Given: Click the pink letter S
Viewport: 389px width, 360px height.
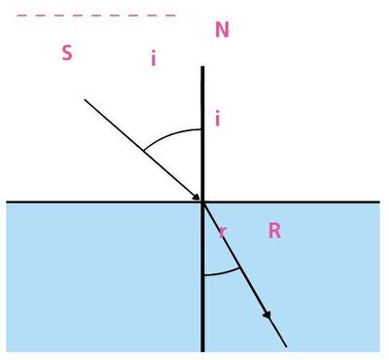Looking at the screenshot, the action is (x=66, y=53).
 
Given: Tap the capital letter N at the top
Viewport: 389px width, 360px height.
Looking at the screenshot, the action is (x=222, y=30).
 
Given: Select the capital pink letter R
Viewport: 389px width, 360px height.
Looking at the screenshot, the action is (x=274, y=231).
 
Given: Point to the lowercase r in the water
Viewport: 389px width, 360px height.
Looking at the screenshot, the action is (x=223, y=232).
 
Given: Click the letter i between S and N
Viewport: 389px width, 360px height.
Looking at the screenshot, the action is (x=153, y=58).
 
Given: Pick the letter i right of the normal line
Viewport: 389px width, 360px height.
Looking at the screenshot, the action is (x=217, y=120).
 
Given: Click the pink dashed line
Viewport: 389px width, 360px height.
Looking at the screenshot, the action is (x=97, y=16).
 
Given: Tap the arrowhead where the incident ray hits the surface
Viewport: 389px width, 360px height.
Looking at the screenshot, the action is (x=196, y=197).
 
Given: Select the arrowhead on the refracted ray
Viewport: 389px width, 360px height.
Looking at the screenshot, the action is (x=266, y=317).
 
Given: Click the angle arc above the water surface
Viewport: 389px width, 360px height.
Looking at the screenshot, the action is (x=170, y=133).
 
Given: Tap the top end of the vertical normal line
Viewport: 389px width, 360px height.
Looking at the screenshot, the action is (x=202, y=68).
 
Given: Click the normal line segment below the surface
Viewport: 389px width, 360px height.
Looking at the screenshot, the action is (x=202, y=311).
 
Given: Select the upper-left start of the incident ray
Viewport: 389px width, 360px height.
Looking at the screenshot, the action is (x=86, y=99).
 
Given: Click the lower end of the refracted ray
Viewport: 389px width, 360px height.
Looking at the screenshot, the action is (x=286, y=345).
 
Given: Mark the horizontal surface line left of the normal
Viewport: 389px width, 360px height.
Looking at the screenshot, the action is (x=97, y=201).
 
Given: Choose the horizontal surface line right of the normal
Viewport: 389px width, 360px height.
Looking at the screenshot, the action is (x=311, y=201).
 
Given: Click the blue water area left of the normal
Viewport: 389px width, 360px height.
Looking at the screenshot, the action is (x=97, y=282).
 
